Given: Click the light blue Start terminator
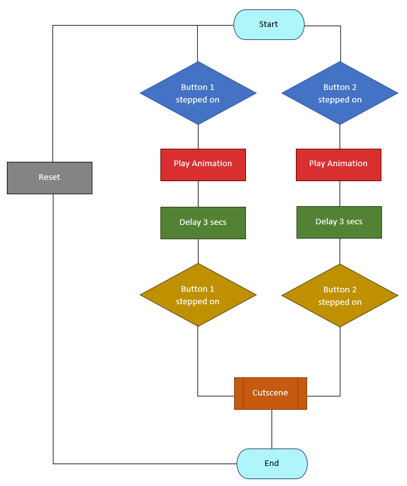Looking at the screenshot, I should tap(268, 24).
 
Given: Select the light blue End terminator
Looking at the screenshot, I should tap(272, 464).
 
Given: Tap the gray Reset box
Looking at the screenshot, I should tap(49, 177).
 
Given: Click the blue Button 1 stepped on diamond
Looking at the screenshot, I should tap(198, 93).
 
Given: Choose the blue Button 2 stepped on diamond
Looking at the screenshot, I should tap(340, 93).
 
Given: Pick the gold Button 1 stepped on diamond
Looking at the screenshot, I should tap(198, 295).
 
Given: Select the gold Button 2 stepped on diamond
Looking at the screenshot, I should tap(340, 295).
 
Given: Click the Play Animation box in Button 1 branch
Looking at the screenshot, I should tap(203, 164).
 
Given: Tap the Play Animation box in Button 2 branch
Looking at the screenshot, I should tap(338, 164).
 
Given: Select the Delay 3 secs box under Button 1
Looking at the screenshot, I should tap(203, 222).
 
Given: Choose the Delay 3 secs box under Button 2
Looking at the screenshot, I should tap(339, 222).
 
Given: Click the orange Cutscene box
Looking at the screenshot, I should tap(270, 393).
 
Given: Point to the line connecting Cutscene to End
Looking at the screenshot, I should tap(272, 429).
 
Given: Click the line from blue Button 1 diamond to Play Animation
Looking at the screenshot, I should tap(198, 137).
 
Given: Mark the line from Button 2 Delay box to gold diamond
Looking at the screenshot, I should tap(340, 251).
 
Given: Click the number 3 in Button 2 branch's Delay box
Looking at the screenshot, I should tap(341, 222).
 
